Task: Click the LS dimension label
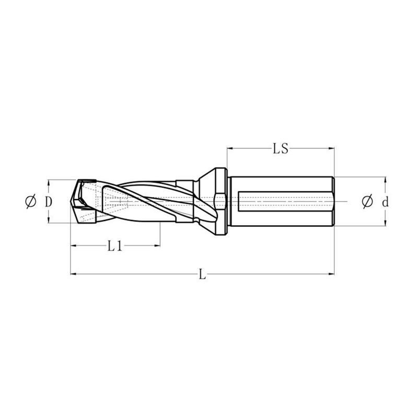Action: coord(281,149)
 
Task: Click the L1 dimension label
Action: coord(115,246)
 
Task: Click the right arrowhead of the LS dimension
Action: coord(332,149)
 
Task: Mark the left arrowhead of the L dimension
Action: coord(72,273)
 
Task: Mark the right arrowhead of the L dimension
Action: coord(332,273)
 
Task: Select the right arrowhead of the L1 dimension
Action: coord(157,246)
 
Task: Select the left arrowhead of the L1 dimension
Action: coord(72,246)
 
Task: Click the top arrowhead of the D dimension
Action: coord(48,182)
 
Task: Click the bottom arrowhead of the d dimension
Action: coord(385,224)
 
